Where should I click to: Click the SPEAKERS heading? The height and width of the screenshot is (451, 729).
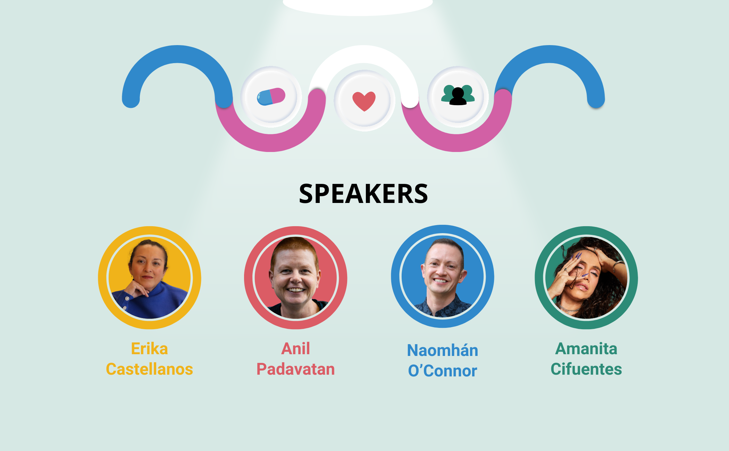pos(363,194)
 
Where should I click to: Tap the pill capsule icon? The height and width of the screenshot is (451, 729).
pos(271,96)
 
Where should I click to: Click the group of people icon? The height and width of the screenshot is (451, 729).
pos(458,95)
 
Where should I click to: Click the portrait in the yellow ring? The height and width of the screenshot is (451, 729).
pos(150,278)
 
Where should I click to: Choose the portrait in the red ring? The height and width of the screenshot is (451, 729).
pos(296,278)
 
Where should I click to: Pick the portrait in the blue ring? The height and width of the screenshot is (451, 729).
pos(443,276)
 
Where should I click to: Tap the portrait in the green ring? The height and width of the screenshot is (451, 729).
pos(586,278)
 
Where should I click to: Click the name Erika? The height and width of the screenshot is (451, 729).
pos(149,349)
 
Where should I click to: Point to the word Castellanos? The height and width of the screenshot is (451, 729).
pos(149,369)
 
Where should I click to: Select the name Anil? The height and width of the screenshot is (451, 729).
pos(296,349)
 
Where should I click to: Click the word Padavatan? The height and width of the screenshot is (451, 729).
pos(296,369)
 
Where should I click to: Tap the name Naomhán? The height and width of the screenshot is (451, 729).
pos(443,350)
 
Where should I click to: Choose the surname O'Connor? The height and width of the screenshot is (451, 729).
pos(443,371)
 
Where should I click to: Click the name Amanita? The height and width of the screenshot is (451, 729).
pos(586,349)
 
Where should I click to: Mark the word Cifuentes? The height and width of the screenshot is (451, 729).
pos(586,369)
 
